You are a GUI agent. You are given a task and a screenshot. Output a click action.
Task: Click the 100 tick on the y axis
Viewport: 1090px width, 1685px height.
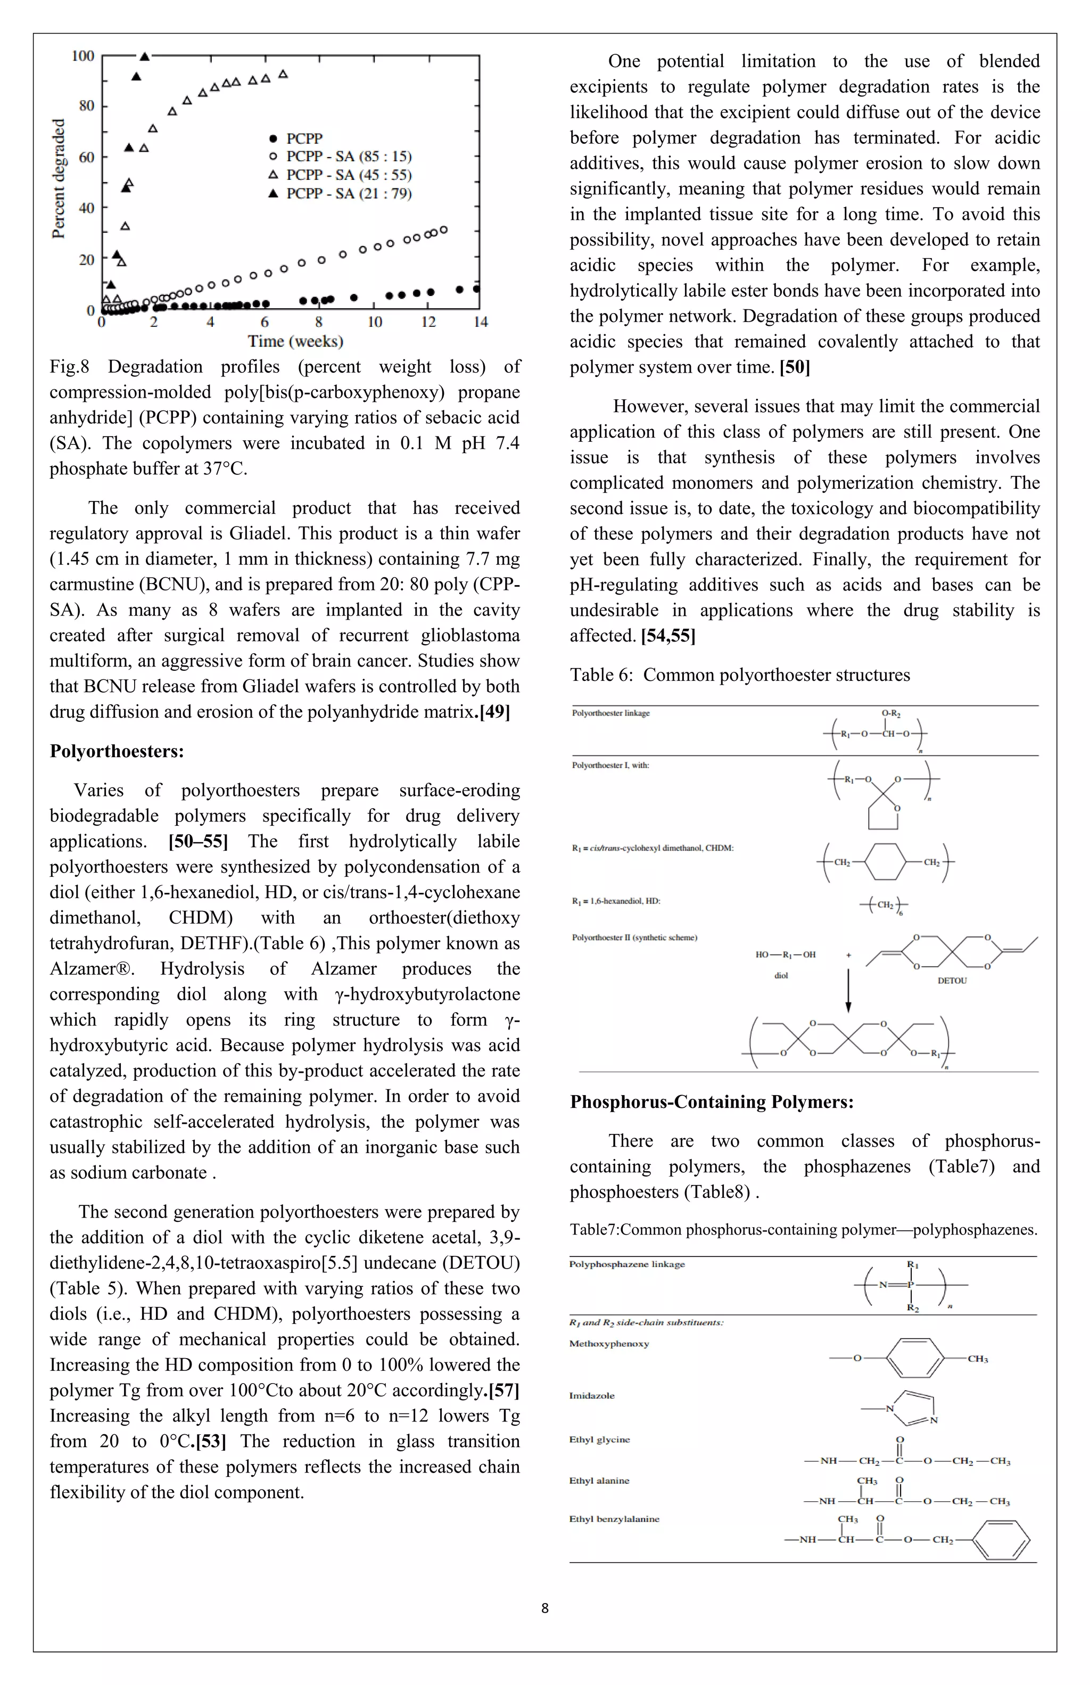[83, 56]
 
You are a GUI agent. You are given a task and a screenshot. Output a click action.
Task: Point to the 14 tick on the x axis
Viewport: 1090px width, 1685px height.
[481, 322]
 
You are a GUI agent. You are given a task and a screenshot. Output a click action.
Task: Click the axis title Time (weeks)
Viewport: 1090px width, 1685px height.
[295, 341]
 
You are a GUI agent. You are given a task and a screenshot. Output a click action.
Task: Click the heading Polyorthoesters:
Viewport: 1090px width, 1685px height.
[117, 751]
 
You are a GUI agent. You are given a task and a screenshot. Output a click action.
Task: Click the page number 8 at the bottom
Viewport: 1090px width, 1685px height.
[545, 1608]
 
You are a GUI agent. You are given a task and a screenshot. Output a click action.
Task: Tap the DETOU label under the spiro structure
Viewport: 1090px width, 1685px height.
[951, 981]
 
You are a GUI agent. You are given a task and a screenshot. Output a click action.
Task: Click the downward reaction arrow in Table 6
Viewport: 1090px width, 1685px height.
[848, 990]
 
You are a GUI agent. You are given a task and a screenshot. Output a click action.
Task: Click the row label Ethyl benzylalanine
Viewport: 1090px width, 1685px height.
[614, 1518]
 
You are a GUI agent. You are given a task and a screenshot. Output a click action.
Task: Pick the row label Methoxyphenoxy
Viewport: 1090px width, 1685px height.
[609, 1343]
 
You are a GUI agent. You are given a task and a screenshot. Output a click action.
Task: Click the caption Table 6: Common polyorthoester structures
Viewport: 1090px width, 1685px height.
[740, 675]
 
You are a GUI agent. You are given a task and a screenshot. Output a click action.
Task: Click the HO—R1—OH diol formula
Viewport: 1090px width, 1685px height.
[785, 955]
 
